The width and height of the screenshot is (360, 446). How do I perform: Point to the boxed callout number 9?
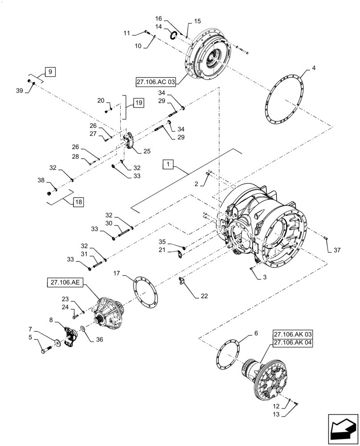[x=50, y=71]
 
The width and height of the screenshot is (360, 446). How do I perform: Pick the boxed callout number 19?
[x=139, y=103]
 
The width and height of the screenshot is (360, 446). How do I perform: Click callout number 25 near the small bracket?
[x=147, y=151]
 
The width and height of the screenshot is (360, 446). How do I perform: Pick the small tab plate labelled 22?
[x=182, y=282]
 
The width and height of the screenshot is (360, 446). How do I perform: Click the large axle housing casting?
[x=258, y=227]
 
